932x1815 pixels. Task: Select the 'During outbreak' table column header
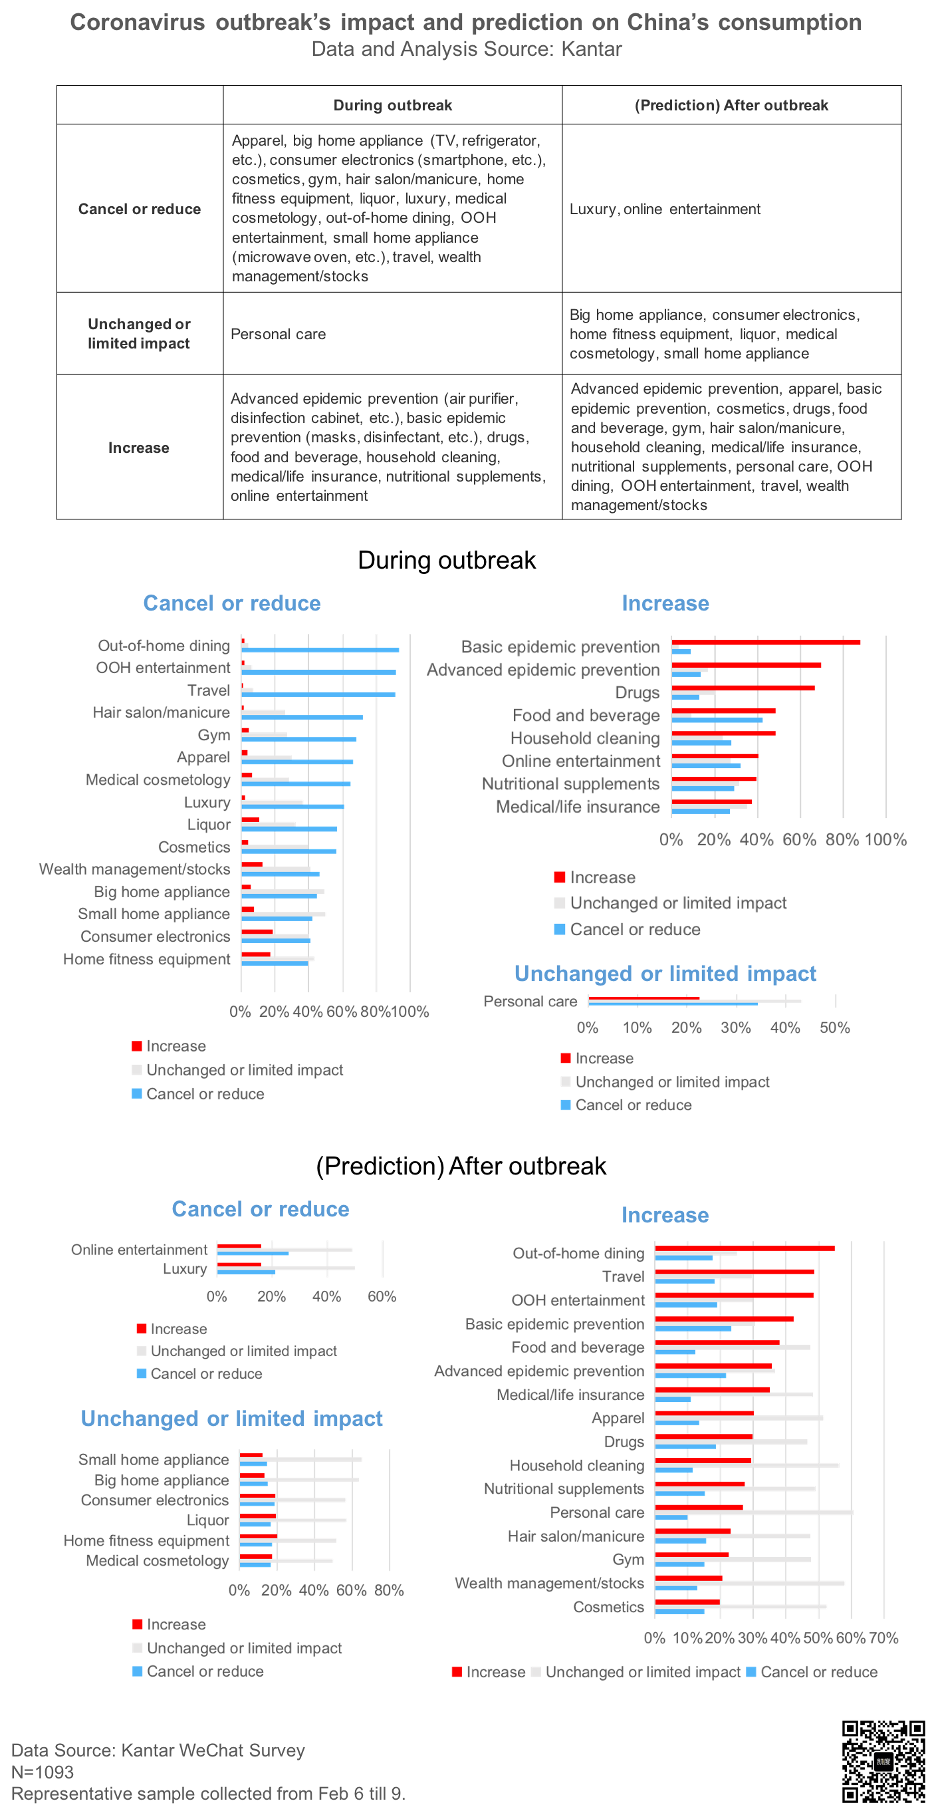pos(392,105)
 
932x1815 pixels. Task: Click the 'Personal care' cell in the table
pos(279,334)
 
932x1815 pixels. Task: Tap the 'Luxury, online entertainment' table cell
pos(664,209)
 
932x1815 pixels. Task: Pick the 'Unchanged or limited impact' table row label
pos(139,333)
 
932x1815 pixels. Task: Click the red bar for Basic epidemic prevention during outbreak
pos(765,642)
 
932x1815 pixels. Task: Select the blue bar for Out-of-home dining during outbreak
pos(320,650)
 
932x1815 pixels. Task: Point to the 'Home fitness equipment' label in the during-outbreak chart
pos(146,959)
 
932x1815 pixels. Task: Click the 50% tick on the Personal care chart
pos(834,1028)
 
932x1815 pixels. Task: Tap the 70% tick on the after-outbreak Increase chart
pos(883,1638)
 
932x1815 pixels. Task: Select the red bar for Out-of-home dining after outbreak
pos(744,1248)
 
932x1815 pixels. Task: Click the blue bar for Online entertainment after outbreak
pos(252,1254)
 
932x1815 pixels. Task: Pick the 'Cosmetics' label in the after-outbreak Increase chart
pos(608,1607)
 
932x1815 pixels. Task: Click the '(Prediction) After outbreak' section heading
pos(461,1166)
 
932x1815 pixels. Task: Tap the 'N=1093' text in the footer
pos(43,1772)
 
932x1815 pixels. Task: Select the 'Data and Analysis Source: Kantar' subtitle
pos(467,49)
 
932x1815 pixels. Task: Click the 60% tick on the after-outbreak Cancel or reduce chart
pos(381,1296)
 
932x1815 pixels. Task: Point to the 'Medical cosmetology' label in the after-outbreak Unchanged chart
pos(157,1561)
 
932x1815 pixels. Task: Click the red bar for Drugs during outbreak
pos(743,688)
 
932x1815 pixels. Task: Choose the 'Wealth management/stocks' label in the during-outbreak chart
pos(134,869)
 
